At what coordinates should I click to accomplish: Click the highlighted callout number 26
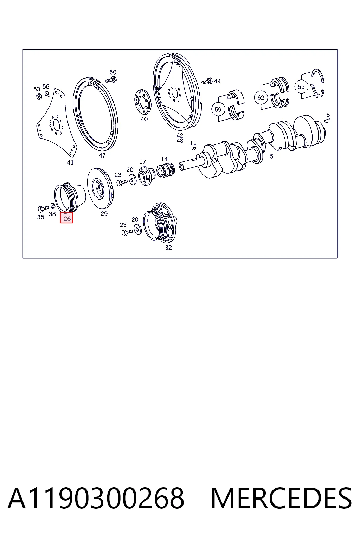67,218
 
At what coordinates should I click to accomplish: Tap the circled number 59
218,109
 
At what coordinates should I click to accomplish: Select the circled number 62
261,97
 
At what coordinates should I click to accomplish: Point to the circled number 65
301,86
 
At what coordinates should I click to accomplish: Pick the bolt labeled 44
207,81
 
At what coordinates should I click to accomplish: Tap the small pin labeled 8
327,121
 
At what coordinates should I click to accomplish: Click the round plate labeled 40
142,102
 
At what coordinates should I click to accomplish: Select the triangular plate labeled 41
57,123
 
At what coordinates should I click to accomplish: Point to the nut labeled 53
39,96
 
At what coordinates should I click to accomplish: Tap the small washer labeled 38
53,206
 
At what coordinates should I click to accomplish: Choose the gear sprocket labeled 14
166,170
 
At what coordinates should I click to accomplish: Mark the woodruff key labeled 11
193,148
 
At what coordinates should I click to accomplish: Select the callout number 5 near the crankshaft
271,156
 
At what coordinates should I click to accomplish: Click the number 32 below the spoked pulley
168,247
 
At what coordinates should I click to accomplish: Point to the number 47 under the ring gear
102,155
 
